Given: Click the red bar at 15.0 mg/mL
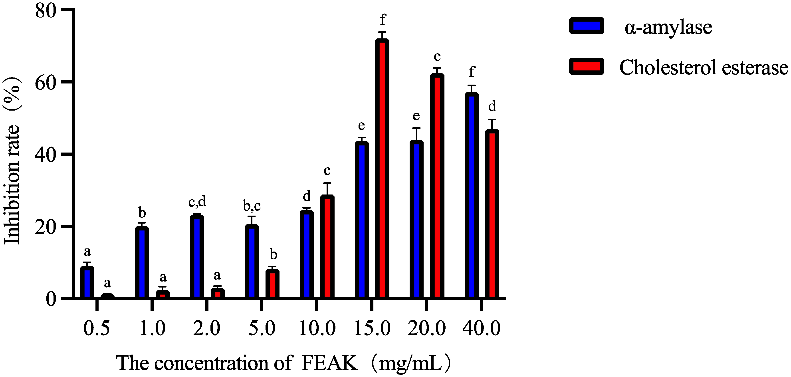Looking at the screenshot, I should (382, 169).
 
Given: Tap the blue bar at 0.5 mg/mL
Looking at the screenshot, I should (87, 282).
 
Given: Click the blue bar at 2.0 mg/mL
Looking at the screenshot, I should (197, 257).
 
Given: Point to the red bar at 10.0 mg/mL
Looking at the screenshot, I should (327, 247).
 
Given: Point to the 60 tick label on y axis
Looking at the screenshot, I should (46, 82).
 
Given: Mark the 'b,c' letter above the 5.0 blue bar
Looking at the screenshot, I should (252, 206).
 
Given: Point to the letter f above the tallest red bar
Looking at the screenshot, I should (382, 20).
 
